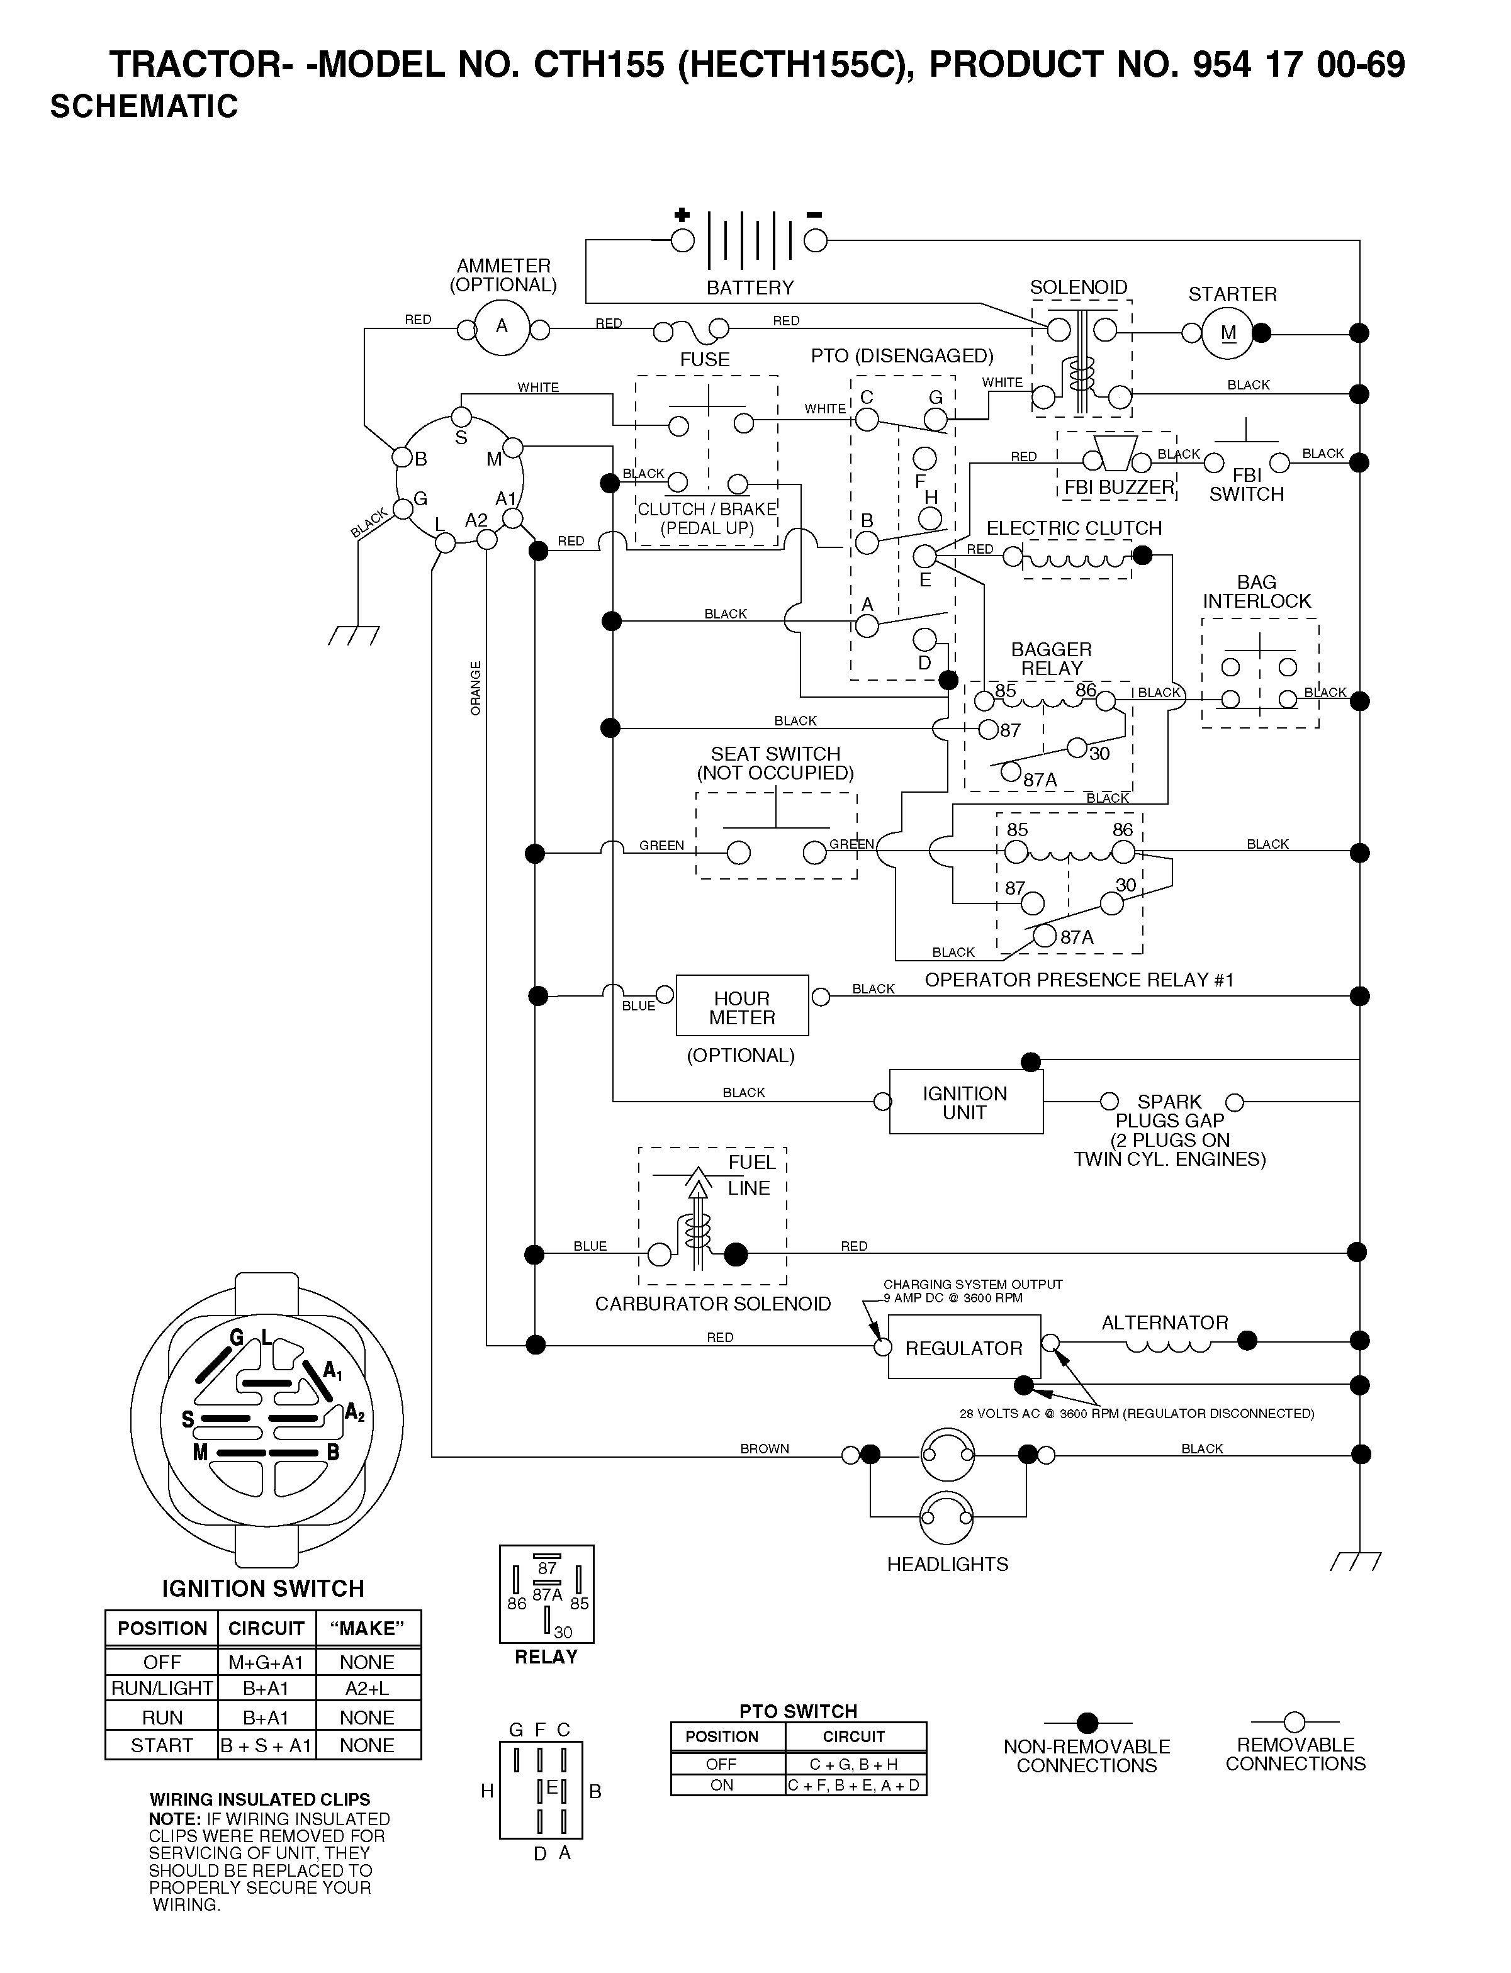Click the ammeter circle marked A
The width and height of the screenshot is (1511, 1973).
click(x=502, y=327)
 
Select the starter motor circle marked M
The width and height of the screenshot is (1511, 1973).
click(x=1228, y=333)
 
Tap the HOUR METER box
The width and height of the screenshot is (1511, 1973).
click(x=742, y=1005)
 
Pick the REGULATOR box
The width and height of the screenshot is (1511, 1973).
click(x=964, y=1346)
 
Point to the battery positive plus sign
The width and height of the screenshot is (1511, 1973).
click(x=682, y=215)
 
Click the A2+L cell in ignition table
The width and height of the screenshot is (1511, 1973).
click(x=367, y=1688)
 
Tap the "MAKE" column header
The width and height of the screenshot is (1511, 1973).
click(x=367, y=1629)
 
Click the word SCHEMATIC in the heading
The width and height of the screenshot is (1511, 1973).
click(x=144, y=107)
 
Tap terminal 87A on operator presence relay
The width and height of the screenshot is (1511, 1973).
click(x=1044, y=936)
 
